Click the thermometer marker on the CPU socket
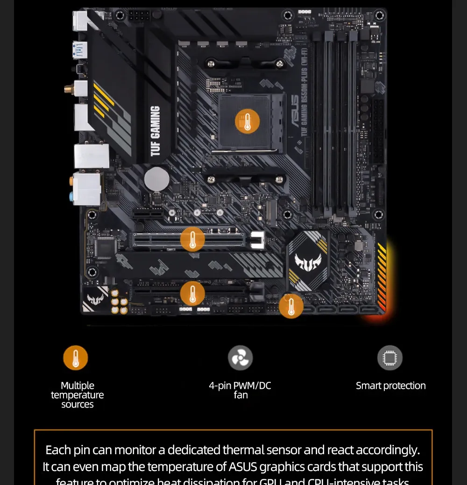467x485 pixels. tap(247, 122)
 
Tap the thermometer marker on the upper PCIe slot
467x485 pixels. tap(192, 240)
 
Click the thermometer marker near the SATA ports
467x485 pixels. tap(291, 306)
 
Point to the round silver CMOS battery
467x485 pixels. tap(156, 179)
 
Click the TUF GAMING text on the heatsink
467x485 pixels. tap(156, 131)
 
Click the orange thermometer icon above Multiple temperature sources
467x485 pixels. tap(76, 358)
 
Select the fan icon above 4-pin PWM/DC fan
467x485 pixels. tap(240, 358)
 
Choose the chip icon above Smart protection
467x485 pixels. tap(390, 358)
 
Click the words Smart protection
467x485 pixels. tap(390, 386)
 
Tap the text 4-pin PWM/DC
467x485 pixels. tap(240, 386)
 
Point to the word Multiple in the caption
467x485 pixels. tap(78, 386)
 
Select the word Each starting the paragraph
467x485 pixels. tap(58, 450)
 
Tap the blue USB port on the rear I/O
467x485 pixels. tap(80, 49)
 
